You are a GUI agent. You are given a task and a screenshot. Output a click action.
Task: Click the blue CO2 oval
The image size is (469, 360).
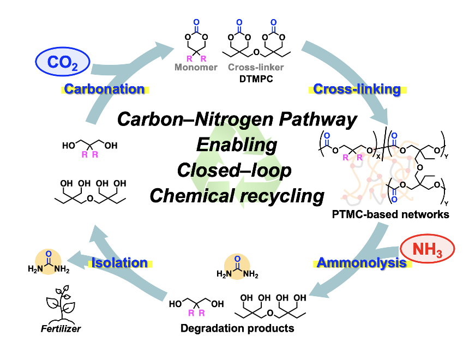(63, 62)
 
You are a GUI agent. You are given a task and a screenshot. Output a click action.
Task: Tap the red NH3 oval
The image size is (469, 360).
(427, 249)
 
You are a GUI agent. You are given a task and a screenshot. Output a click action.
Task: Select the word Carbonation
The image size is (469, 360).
(104, 89)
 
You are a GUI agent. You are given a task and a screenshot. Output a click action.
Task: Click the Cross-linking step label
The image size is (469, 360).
(357, 89)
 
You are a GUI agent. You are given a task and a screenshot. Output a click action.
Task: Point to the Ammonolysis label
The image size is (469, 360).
(362, 263)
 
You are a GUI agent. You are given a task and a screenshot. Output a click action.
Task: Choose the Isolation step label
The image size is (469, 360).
(119, 263)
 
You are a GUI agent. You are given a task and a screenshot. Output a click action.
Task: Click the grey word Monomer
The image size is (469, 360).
(196, 67)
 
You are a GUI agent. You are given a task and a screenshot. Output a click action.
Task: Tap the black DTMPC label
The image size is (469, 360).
(256, 79)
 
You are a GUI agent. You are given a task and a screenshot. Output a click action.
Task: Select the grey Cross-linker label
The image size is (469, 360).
(256, 67)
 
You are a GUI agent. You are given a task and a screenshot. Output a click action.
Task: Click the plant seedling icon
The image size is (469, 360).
(61, 303)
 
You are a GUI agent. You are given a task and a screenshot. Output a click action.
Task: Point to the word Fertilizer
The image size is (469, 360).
(61, 328)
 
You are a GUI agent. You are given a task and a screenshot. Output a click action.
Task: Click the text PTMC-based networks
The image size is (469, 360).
(390, 214)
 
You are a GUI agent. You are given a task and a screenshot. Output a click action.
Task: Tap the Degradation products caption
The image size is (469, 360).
(237, 328)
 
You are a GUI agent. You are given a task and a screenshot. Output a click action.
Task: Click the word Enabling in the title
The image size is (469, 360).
(237, 145)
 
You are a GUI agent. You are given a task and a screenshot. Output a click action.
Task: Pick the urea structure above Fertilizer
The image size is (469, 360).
(49, 262)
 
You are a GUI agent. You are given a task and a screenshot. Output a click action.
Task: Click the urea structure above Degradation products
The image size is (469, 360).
(237, 267)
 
